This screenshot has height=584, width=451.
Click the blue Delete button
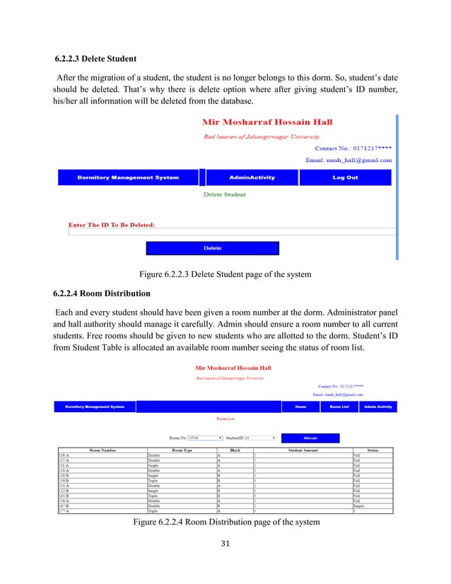click(212, 248)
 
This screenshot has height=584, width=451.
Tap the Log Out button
click(345, 177)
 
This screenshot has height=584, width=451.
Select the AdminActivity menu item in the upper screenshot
click(252, 177)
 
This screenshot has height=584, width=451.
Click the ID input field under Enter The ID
click(230, 231)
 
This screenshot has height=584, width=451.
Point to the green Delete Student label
click(225, 194)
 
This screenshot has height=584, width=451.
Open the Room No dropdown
click(204, 438)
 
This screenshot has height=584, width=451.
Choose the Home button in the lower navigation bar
click(300, 407)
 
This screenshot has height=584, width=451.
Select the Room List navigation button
click(339, 407)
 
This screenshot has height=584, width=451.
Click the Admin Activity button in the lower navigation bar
click(378, 407)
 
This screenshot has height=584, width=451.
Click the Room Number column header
click(98, 450)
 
